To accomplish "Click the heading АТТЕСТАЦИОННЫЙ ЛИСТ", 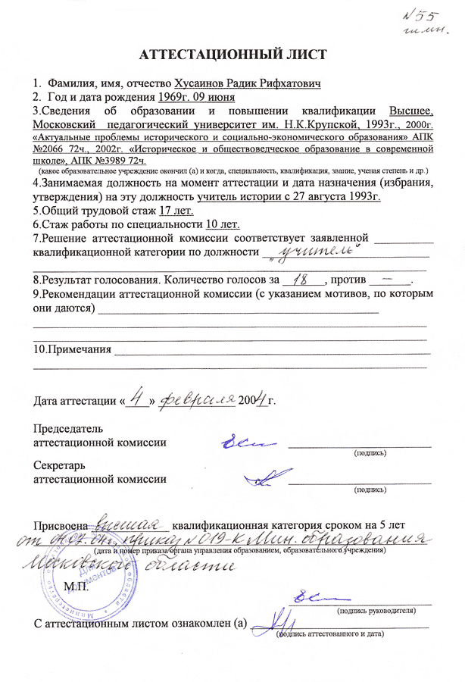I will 232,55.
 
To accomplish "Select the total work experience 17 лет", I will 183,211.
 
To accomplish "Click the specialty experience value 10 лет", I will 222,224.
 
